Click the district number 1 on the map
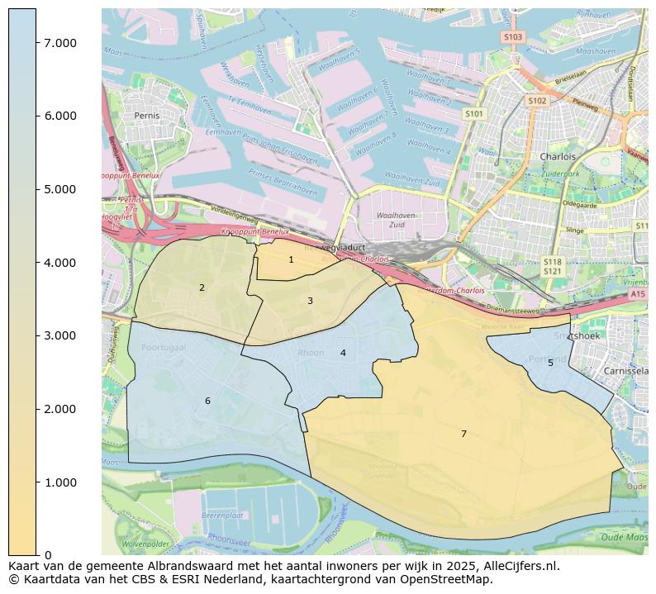point(291,259)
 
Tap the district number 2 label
point(202,287)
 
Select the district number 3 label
point(310,301)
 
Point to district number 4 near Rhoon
point(343,353)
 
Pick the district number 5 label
point(550,363)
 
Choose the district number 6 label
point(207,401)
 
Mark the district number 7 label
point(463,434)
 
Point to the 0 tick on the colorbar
point(49,555)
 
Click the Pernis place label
point(146,116)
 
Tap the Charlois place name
point(557,156)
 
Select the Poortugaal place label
point(164,348)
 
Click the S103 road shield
point(512,37)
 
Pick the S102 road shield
point(537,101)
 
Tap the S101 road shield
point(473,114)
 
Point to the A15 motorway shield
point(637,294)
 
